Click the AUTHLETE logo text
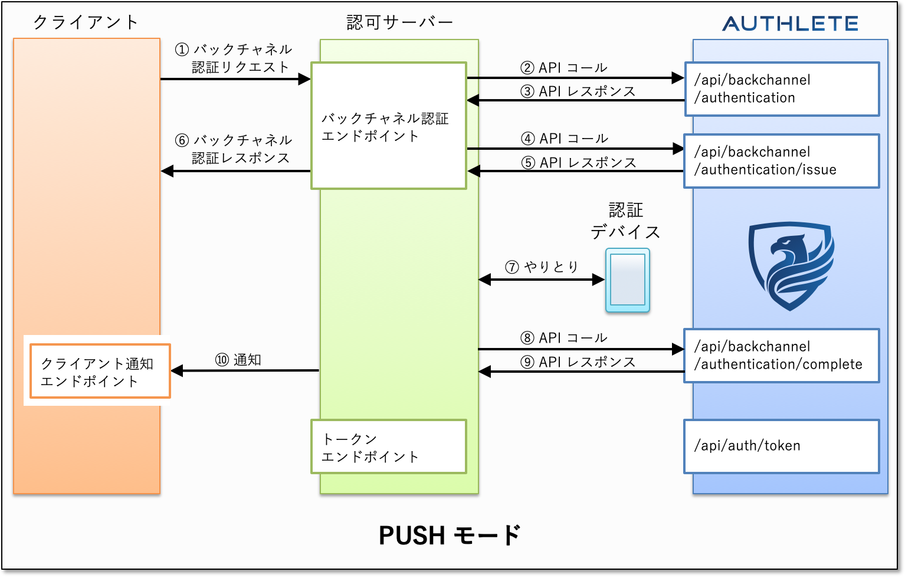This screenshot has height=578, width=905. tap(790, 24)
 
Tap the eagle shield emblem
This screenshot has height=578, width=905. tap(791, 265)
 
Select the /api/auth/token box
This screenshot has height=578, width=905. tap(781, 446)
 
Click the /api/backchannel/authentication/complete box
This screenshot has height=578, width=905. tap(781, 356)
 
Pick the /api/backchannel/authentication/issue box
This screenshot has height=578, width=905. tap(781, 161)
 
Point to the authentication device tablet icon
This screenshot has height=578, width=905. tap(627, 280)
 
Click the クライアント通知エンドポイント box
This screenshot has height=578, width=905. tap(100, 372)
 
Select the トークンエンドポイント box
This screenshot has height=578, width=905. tap(388, 446)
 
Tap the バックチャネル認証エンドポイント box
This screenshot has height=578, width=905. tap(388, 126)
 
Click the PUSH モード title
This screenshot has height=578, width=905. tap(450, 536)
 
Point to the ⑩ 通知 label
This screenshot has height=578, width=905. tap(238, 360)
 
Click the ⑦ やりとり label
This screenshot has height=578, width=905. tap(542, 267)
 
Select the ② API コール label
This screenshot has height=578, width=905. tap(563, 68)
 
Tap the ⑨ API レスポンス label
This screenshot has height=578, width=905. tap(578, 362)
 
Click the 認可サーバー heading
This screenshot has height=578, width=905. tap(399, 22)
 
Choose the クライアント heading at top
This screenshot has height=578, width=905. tap(86, 22)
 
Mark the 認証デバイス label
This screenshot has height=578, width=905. tap(625, 221)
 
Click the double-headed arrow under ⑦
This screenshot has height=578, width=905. tap(541, 280)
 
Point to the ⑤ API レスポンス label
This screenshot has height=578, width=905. tap(578, 162)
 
